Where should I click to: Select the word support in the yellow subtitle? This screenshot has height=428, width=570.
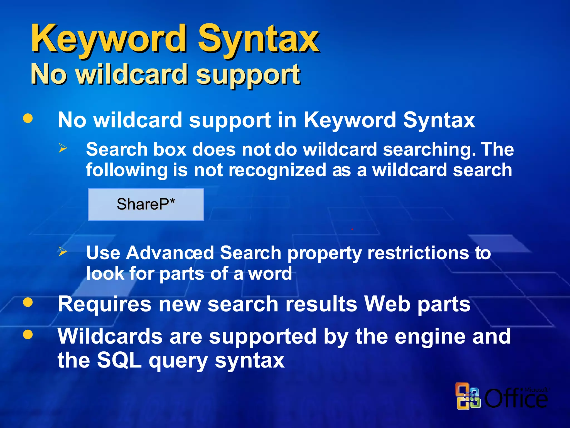(x=248, y=75)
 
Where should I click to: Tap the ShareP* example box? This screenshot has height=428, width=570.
(x=146, y=205)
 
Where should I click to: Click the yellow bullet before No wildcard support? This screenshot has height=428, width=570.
(x=28, y=118)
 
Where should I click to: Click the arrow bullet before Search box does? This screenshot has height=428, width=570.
(x=63, y=148)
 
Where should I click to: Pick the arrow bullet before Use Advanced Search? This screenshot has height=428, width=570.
(x=63, y=252)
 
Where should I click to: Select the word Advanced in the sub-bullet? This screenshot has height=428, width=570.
(x=170, y=253)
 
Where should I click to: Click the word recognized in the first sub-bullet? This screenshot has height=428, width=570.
(x=277, y=170)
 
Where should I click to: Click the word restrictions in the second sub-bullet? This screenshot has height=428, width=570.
(x=418, y=253)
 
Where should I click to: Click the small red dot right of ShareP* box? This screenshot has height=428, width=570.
(x=352, y=229)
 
